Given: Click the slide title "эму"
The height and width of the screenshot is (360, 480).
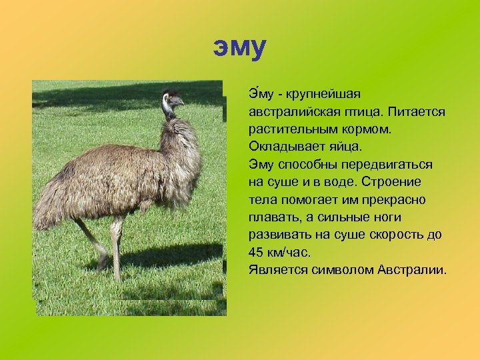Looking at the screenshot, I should [240, 47].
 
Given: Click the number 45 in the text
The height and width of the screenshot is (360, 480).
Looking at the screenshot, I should [256, 253].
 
